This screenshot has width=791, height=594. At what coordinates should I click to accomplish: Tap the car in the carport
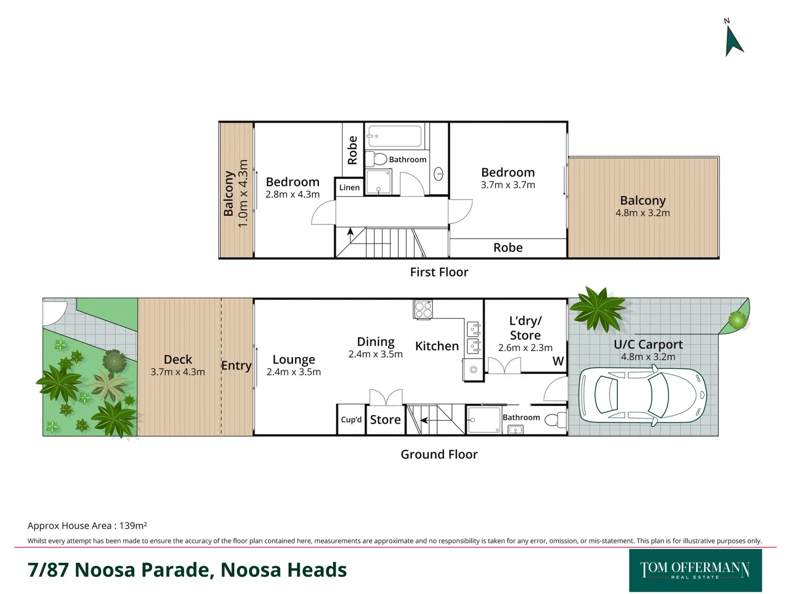point(642,395)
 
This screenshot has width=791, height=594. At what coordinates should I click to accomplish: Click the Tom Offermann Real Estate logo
point(695,570)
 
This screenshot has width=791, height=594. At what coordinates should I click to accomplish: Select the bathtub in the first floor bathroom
point(394,136)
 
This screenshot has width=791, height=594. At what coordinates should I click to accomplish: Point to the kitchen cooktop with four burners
point(423,309)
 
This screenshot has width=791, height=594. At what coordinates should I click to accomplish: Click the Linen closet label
point(349,188)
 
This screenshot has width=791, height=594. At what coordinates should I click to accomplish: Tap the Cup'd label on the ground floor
point(351,420)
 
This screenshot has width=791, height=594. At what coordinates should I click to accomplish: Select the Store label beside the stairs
point(385,420)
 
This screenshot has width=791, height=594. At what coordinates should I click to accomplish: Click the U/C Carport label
point(648,344)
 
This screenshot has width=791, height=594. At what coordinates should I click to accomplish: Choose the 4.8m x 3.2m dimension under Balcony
point(642,213)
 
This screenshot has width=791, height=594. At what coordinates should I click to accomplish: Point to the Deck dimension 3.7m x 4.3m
point(178,372)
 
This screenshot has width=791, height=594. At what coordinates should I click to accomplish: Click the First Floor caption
point(439,272)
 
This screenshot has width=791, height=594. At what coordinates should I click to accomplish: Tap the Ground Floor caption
point(439,454)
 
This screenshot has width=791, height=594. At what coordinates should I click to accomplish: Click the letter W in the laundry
point(558,361)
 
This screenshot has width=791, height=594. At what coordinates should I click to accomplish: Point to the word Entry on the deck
point(236,366)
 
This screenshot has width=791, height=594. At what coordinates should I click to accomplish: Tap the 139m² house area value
point(133,526)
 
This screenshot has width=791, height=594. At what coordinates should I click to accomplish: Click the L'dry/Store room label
point(525,328)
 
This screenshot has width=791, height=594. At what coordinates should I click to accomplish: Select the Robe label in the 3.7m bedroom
point(507,248)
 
